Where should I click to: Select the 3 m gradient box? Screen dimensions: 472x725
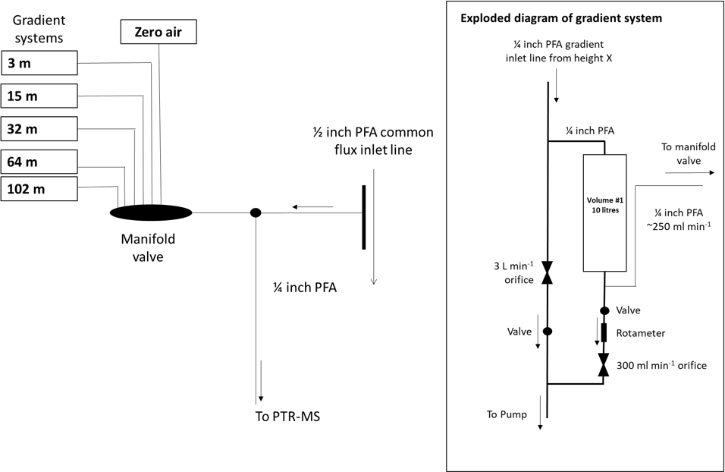39,63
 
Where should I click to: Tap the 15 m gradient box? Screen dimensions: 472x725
39,96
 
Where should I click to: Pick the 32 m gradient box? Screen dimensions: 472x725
39,129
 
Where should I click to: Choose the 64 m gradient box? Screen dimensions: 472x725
39,162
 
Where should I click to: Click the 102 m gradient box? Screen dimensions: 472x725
39,189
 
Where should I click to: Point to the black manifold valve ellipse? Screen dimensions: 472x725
151,212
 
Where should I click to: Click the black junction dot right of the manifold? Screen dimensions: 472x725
256,212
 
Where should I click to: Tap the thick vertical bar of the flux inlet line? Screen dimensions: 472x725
364,217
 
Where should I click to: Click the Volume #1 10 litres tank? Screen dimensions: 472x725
604,213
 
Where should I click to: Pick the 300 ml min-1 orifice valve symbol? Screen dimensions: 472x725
604,364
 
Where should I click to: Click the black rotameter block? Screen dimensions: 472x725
604,332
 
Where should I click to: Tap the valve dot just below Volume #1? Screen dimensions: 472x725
604,310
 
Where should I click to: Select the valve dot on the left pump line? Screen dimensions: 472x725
548,331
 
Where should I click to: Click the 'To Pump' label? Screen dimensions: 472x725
506,414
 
